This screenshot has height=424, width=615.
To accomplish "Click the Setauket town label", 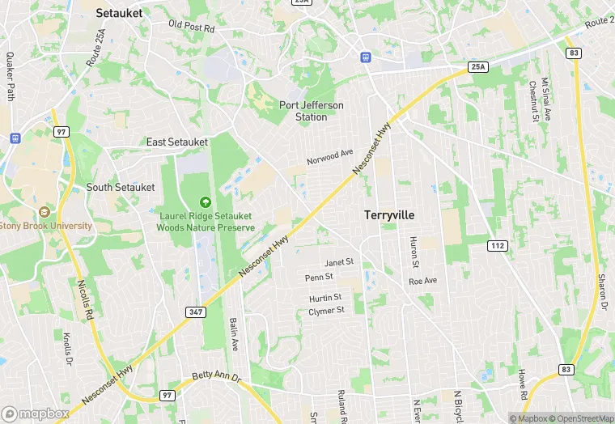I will tap(119, 13).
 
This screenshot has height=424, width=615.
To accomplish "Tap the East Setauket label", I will tap(177, 142).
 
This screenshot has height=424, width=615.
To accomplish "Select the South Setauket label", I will tap(121, 187).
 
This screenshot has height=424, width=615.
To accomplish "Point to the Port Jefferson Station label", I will tap(312, 111).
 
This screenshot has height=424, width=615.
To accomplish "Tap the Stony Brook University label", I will tap(46, 226).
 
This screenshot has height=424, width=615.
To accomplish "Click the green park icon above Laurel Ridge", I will tap(206, 201).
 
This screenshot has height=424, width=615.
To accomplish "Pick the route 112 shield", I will tap(496, 244).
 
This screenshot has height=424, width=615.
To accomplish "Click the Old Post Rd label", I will tap(191, 28).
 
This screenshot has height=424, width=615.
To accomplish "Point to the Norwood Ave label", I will tap(330, 156).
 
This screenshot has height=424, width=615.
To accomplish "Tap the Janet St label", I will tap(339, 262).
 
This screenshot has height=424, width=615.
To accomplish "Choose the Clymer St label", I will tap(327, 310).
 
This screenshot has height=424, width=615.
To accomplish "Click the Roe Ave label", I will tap(422, 281).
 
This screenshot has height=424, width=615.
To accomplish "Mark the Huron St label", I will tap(414, 252).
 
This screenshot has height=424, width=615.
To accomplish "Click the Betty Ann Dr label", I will tap(217, 378).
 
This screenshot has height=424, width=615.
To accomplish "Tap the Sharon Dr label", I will tap(603, 293).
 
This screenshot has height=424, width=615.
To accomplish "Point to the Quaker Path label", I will tap(11, 77).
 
